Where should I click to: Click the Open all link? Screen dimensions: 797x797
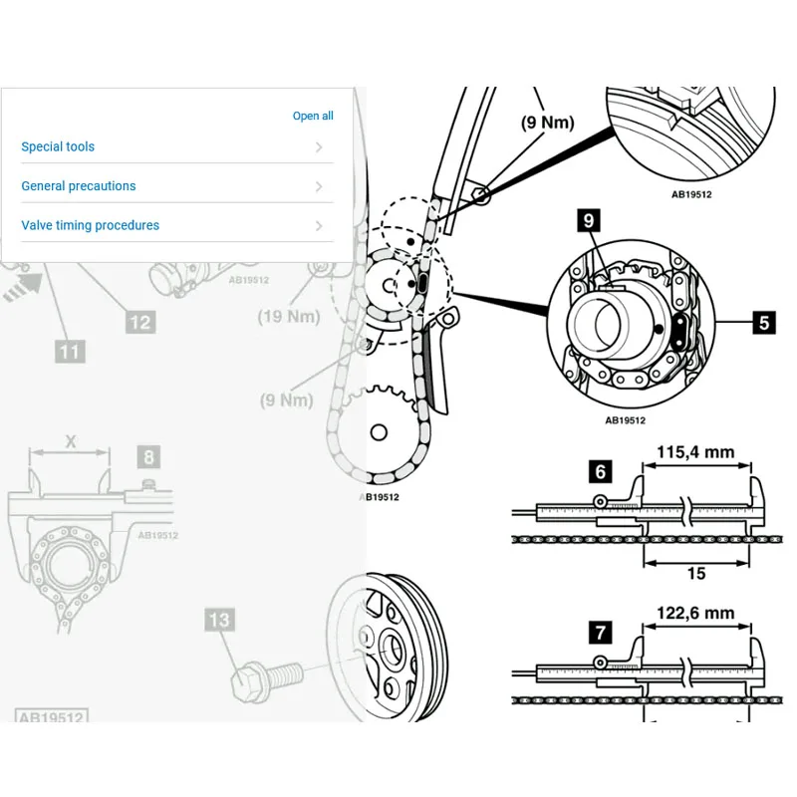click(313, 117)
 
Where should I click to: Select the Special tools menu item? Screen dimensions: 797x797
click(58, 146)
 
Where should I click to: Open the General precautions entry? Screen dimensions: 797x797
click(79, 186)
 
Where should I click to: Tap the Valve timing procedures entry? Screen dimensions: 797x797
click(91, 225)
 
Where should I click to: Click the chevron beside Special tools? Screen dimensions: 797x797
click(319, 147)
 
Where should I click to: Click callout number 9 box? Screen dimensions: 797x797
click(590, 219)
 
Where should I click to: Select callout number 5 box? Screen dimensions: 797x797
click(763, 322)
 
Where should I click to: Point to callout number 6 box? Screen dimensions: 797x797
click(601, 470)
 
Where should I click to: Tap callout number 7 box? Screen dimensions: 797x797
click(601, 632)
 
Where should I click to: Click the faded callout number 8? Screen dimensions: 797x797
click(148, 457)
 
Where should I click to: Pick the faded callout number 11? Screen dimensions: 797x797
click(69, 351)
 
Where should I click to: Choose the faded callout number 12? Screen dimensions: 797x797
click(140, 322)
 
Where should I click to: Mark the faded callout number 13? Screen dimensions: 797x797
click(218, 620)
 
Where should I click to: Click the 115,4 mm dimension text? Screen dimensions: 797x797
click(695, 452)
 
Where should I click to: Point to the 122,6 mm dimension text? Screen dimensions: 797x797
click(695, 614)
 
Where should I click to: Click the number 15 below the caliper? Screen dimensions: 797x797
click(696, 573)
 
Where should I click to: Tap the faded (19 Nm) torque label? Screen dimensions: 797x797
click(289, 317)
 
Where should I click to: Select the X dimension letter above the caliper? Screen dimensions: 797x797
click(70, 440)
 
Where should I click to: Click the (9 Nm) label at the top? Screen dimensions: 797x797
click(548, 124)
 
